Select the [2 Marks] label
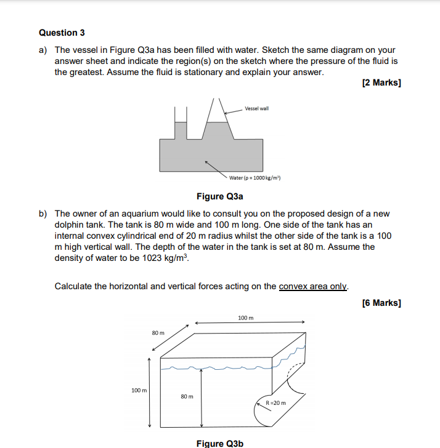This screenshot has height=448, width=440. pos(381,84)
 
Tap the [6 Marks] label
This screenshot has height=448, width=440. pos(381,302)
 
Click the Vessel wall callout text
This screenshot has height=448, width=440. pos(256,108)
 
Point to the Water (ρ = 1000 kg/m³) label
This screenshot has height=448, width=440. pos(255,178)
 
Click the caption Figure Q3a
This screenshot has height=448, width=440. pos(220,196)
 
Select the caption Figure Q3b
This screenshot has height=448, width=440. pos(220,443)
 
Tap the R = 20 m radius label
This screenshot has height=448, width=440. pos(275,403)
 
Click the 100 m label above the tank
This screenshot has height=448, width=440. pos(245,318)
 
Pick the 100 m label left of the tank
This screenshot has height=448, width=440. pos(139,390)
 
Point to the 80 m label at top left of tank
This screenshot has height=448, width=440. pos(158,332)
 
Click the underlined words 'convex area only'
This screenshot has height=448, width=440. pos(314,286)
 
